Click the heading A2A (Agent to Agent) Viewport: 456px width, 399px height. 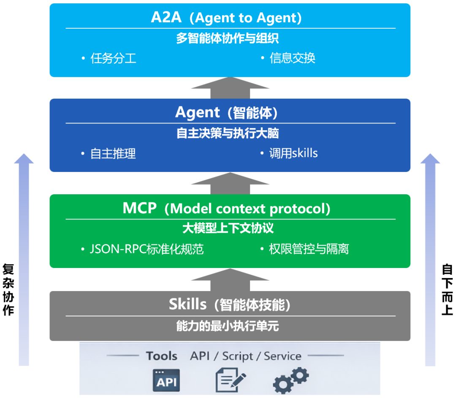coord(227,18)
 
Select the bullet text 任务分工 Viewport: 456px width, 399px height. coord(113,58)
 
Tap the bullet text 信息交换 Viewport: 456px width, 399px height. coord(292,58)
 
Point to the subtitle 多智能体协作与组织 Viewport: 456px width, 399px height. coord(227,39)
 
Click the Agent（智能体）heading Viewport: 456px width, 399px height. coord(227,113)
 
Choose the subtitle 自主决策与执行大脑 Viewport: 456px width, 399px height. coord(227,134)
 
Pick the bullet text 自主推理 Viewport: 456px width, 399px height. coord(113,153)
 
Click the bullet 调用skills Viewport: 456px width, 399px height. coord(293,153)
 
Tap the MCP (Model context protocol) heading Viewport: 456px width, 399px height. coord(227,209)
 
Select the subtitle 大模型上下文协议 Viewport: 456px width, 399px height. coord(228,228)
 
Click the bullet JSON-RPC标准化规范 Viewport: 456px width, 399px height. coord(147,249)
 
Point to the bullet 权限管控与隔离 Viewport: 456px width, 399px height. coord(309,249)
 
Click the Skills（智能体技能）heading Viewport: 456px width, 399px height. coord(230,305)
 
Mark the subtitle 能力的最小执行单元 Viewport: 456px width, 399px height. coord(228,326)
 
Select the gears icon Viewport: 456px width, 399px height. coord(290,380)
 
